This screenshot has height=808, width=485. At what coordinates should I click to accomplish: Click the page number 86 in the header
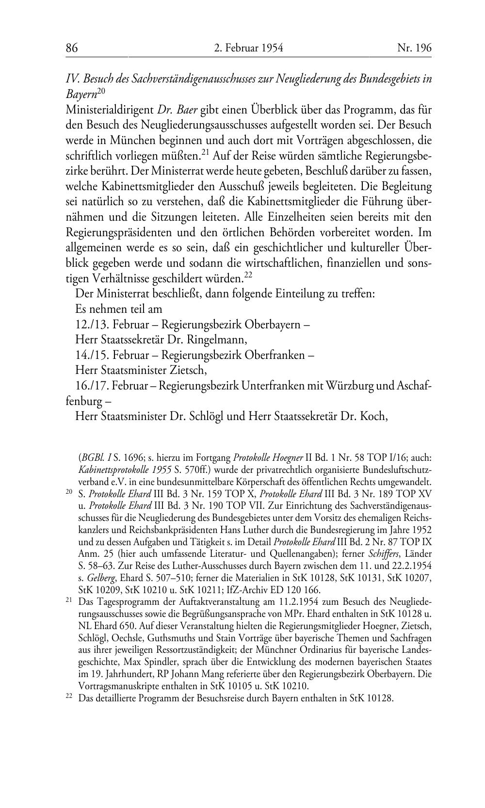[x=72, y=48]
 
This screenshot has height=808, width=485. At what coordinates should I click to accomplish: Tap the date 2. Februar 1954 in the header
[x=248, y=48]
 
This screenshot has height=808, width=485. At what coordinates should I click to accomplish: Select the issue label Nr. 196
[x=414, y=48]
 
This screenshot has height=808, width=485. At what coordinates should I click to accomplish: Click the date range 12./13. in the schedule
[x=92, y=324]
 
